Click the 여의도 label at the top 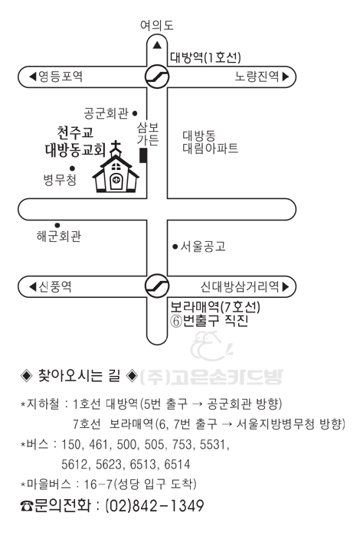coord(156,25)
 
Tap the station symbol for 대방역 coord(157,77)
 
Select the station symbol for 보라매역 coord(157,286)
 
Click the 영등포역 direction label coord(56,76)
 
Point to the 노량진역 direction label coord(262,76)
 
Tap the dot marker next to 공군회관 coord(135,113)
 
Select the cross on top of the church coord(116,148)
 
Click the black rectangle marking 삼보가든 coord(143,155)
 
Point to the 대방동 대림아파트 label coord(210,142)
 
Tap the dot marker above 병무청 coord(72,168)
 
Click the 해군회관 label coord(59,236)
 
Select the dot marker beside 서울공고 coord(175,246)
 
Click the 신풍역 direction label coord(51,286)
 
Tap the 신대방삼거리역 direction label coord(245,286)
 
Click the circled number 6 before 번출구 coord(175,321)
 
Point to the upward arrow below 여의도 coord(157,45)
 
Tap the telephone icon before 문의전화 coord(26,506)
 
